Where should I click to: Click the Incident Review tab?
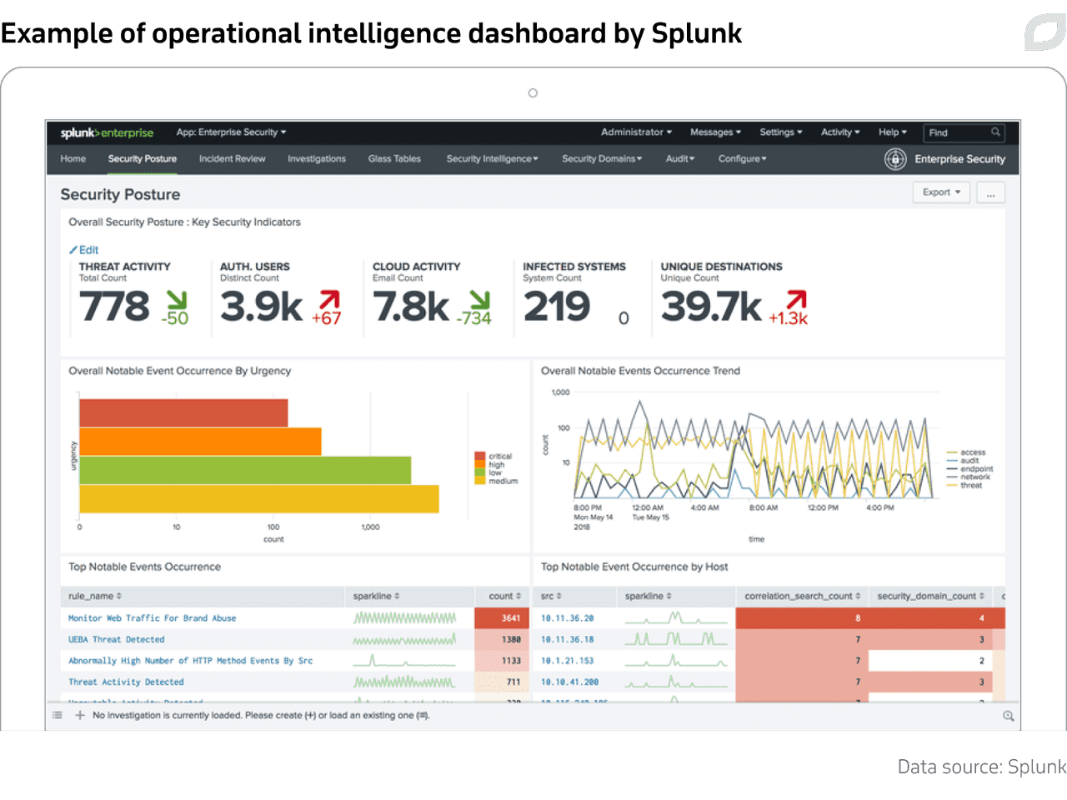(x=232, y=159)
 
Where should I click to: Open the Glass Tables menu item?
(x=394, y=159)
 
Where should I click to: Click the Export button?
(x=941, y=192)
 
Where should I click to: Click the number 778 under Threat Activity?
(x=115, y=307)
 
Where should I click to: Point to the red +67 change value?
(x=327, y=318)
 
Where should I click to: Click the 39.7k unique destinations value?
(x=710, y=307)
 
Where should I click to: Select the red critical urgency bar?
(x=183, y=413)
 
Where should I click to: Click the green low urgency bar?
(x=245, y=470)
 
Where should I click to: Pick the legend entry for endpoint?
(x=976, y=469)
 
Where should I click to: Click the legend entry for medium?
(x=503, y=482)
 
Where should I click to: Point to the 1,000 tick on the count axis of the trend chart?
(x=561, y=392)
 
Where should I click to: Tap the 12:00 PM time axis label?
(x=823, y=507)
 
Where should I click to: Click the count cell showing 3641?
(x=510, y=618)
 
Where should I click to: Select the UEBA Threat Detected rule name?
(x=117, y=640)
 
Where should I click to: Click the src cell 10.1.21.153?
(x=568, y=661)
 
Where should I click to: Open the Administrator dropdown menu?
(x=636, y=132)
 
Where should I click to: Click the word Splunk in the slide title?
(x=696, y=33)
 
